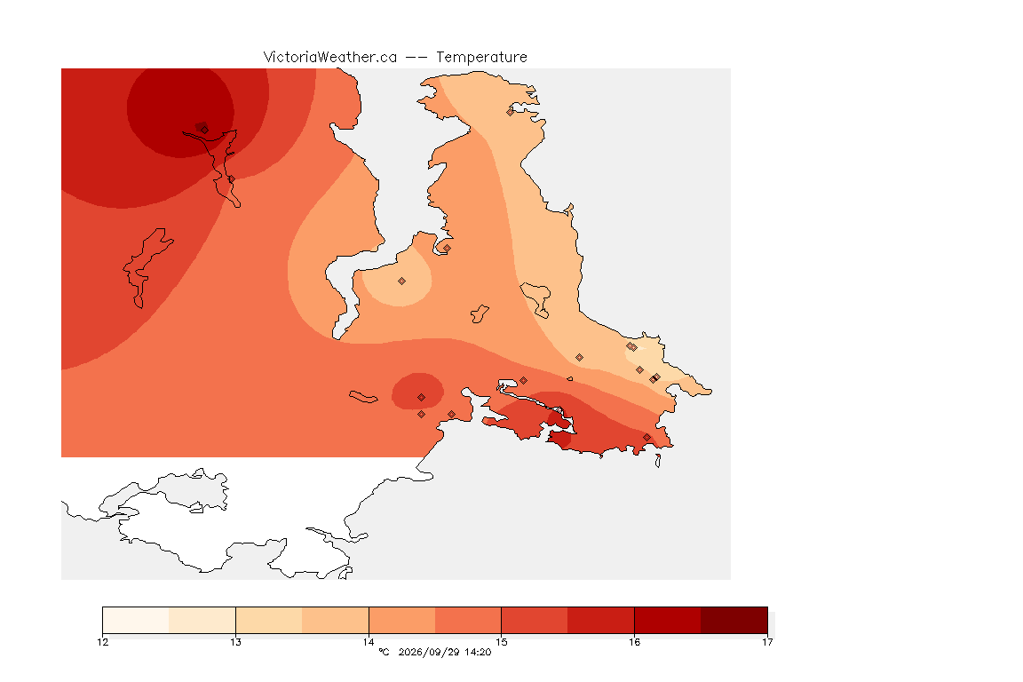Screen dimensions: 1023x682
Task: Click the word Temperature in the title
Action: click(x=481, y=58)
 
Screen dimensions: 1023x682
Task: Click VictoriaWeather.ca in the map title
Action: click(x=330, y=58)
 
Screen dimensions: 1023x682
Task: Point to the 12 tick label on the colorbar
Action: click(x=102, y=642)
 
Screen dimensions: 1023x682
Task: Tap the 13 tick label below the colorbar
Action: click(x=235, y=642)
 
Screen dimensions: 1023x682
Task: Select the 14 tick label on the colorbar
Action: click(x=369, y=642)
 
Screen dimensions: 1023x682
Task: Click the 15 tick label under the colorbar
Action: click(x=501, y=642)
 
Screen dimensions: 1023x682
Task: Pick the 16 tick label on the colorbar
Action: click(x=634, y=642)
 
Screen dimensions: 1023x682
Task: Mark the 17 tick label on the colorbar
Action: click(x=767, y=642)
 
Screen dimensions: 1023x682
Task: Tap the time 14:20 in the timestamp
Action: click(x=478, y=652)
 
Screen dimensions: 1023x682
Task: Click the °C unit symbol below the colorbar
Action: click(x=385, y=652)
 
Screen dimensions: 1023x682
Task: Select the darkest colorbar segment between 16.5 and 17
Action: click(x=734, y=620)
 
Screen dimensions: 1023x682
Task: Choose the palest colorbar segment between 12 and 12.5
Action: click(x=136, y=620)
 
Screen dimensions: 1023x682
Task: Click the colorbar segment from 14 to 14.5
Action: click(x=402, y=620)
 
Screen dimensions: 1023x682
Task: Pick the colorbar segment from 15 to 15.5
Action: click(x=535, y=620)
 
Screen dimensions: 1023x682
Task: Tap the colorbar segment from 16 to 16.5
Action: click(x=668, y=620)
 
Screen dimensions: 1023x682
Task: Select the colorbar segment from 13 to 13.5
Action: click(x=269, y=620)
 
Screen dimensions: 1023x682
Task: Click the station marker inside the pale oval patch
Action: click(x=402, y=282)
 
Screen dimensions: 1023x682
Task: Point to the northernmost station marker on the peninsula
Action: click(x=511, y=112)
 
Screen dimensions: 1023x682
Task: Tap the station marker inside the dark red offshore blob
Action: click(x=422, y=398)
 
